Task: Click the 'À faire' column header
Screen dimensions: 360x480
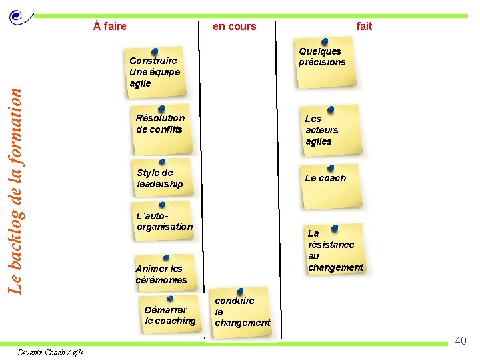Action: pos(110,27)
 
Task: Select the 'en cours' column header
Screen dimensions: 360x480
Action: pos(234,27)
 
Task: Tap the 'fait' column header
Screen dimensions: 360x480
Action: pos(364,27)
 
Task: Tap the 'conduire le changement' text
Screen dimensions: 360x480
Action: pos(242,311)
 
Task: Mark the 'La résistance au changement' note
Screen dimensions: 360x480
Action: pos(335,250)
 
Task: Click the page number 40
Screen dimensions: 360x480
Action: pos(460,341)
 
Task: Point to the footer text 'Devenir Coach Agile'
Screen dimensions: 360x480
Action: pos(51,352)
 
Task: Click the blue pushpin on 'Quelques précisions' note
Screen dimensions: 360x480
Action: pos(324,41)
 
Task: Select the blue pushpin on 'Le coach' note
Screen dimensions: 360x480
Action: pos(331,168)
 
